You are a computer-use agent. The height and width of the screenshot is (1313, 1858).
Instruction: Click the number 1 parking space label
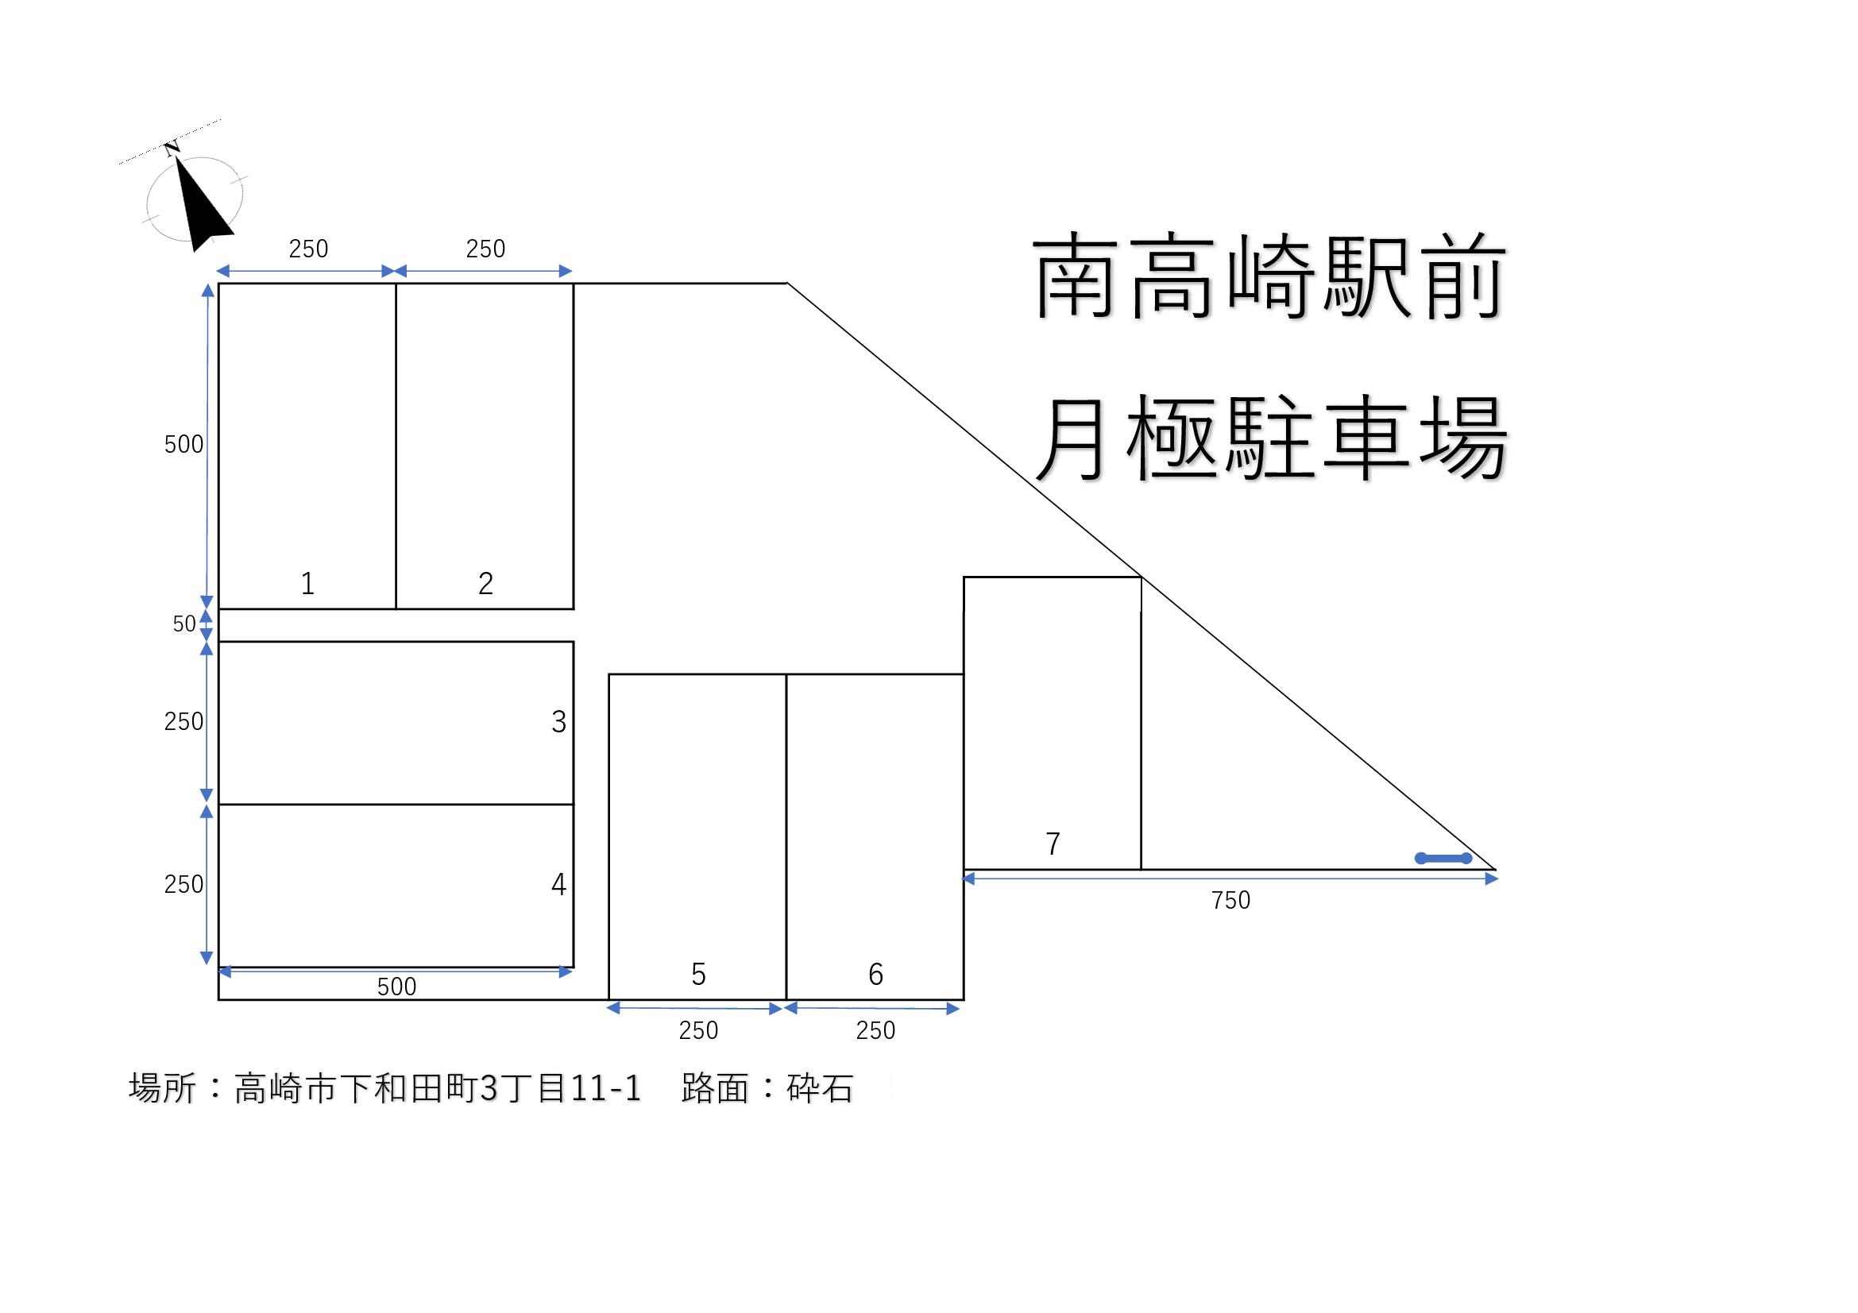pos(307,583)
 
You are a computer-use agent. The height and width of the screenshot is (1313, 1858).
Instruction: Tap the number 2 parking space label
pos(485,583)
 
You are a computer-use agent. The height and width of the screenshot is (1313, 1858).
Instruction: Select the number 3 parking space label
pos(558,721)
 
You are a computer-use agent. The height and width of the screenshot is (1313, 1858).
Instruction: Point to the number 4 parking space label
pos(558,884)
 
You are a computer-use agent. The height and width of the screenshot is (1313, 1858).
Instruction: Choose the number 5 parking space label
pos(698,974)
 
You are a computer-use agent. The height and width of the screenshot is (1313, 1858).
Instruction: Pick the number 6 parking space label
pos(875,974)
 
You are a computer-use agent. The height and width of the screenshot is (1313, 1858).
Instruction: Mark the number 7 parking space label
pos(1053,844)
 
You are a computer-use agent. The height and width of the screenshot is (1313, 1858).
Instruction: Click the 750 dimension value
pos(1230,901)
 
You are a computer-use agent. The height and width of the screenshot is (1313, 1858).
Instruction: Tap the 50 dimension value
pos(184,624)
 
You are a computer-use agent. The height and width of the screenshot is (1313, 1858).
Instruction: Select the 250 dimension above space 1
pos(308,249)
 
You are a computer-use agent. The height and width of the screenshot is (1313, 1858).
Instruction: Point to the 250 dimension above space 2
pos(485,249)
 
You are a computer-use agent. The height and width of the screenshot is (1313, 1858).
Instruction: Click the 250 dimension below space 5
pos(698,1031)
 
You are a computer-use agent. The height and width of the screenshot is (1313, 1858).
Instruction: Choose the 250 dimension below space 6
pos(875,1031)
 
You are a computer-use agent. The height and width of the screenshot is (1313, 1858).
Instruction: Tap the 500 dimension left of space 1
pos(183,444)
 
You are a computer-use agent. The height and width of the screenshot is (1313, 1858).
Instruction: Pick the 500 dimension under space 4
pos(396,987)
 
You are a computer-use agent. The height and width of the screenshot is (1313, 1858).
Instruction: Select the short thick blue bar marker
pos(1443,859)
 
